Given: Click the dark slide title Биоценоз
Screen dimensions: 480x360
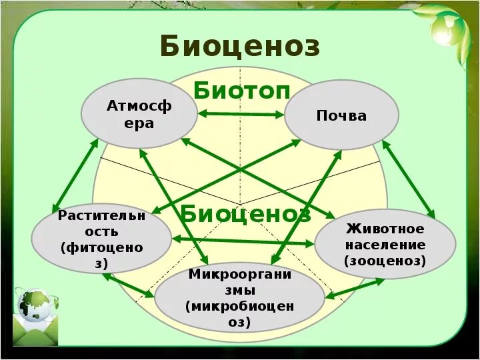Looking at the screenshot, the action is click(240, 47).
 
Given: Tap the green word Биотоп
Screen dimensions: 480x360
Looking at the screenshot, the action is click(242, 91).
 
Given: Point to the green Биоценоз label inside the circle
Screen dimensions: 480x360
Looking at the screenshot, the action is click(245, 214).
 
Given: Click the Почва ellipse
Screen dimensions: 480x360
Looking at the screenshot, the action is click(341, 115).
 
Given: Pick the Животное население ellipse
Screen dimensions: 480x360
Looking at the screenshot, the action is click(385, 244).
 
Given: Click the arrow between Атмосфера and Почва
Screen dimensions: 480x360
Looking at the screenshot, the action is click(241, 115).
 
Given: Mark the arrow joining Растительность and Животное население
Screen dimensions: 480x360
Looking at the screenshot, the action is click(243, 241).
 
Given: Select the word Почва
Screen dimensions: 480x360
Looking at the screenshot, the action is click(341, 115).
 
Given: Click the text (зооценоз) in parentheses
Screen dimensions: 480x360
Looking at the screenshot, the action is click(385, 261).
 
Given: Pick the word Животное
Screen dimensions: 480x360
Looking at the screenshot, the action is click(385, 229).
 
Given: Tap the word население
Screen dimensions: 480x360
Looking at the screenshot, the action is click(385, 245).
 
